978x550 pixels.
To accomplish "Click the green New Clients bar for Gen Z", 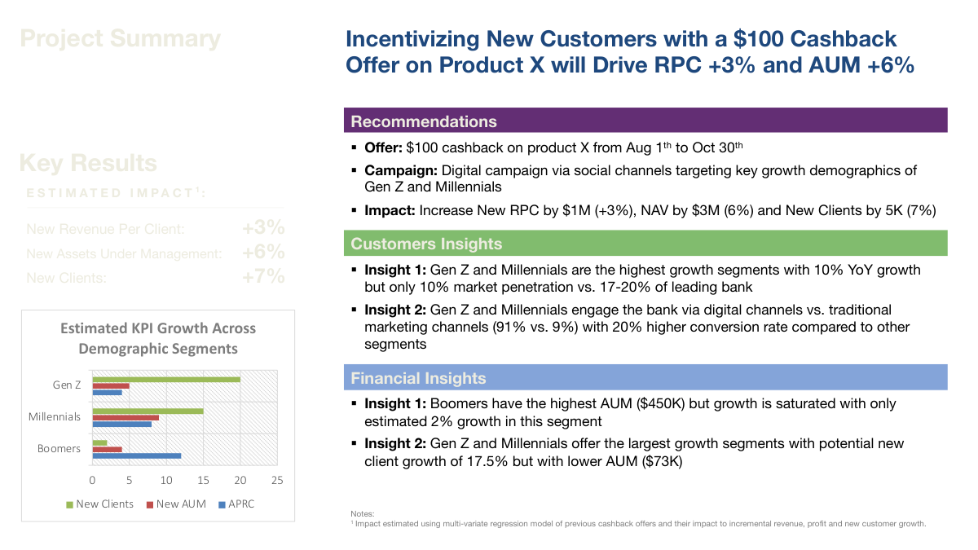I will click(x=166, y=379).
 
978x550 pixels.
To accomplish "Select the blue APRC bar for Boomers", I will click(x=136, y=455).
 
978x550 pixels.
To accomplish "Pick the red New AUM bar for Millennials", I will click(x=126, y=417).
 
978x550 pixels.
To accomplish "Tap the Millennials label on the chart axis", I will click(x=55, y=417).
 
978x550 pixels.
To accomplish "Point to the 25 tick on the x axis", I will click(x=277, y=480).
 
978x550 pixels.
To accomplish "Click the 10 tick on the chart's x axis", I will click(x=166, y=480).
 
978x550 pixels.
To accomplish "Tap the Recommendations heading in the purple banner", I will click(x=424, y=121).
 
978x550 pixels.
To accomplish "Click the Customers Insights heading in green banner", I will click(x=426, y=244).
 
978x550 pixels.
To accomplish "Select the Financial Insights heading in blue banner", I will click(x=418, y=378).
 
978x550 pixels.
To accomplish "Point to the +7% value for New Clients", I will click(x=263, y=277).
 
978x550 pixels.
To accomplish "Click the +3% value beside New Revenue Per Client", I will click(x=263, y=228).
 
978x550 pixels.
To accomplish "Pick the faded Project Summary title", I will click(x=120, y=38).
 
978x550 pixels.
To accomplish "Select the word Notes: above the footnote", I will click(x=362, y=514).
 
